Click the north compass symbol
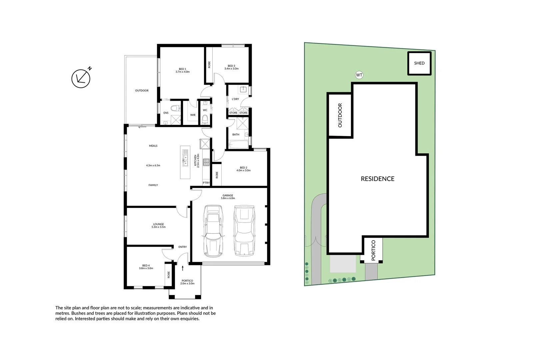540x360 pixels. [x=81, y=78]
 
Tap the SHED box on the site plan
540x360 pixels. [x=419, y=63]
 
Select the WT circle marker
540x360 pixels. [x=359, y=75]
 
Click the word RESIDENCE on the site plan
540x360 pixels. [x=377, y=179]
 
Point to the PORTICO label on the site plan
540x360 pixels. [x=373, y=250]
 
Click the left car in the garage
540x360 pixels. [x=213, y=231]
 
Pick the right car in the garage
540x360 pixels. [x=244, y=231]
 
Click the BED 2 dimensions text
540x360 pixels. [x=243, y=171]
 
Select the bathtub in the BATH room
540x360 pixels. [x=239, y=145]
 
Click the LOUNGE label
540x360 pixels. [x=158, y=224]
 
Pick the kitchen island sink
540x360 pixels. [x=185, y=162]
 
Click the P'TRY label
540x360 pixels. [x=206, y=183]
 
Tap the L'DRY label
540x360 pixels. [x=235, y=99]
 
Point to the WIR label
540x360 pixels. [x=193, y=115]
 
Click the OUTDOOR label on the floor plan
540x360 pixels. [x=142, y=91]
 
